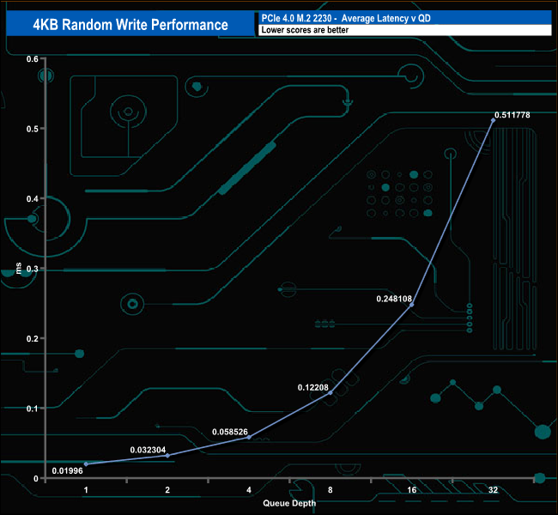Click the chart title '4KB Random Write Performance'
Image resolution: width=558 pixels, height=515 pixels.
(130, 25)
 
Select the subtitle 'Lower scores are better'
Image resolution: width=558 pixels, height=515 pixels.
(305, 30)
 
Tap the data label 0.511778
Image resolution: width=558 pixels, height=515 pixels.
(513, 115)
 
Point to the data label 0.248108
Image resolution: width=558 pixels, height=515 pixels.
(394, 299)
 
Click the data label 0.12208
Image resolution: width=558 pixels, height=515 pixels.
(312, 387)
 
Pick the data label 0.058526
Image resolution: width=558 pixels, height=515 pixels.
(230, 432)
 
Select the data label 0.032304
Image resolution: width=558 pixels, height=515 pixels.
(148, 450)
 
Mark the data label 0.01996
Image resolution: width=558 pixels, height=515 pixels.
(67, 471)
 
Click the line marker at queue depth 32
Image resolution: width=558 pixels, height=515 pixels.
(494, 120)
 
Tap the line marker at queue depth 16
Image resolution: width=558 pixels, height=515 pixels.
(412, 305)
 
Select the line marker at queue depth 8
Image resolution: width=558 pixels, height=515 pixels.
(331, 392)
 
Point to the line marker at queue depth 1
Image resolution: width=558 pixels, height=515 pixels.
(86, 464)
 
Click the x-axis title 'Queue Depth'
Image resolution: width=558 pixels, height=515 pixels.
(289, 503)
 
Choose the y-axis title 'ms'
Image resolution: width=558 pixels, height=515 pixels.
(19, 268)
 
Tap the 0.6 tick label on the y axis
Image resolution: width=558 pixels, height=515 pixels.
(32, 59)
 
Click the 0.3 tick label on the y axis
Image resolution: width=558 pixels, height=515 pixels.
(32, 269)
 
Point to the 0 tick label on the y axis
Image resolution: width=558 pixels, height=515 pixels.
(35, 479)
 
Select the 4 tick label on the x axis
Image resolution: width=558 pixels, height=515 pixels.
(249, 490)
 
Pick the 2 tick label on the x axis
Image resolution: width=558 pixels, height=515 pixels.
(167, 490)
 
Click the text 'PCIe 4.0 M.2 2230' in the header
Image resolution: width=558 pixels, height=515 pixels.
(296, 18)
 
